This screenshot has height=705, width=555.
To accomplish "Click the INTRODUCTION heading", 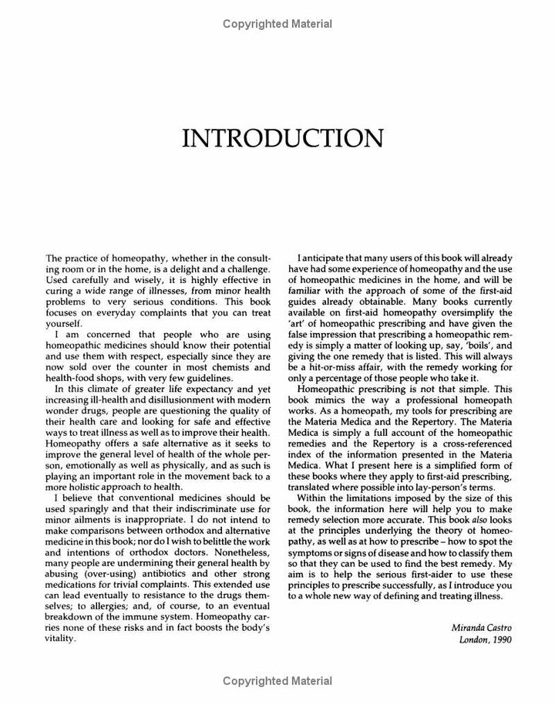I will [x=282, y=139].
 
